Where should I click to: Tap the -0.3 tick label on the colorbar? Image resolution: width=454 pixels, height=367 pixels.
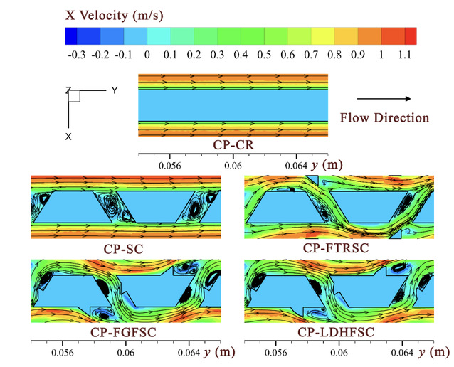(71, 55)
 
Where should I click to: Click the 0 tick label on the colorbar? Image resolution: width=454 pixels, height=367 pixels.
(146, 55)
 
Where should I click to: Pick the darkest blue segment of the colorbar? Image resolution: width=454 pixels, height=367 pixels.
(72, 36)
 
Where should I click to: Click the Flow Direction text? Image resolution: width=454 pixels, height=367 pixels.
(385, 117)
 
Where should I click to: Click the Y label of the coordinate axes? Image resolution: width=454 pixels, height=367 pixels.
(114, 91)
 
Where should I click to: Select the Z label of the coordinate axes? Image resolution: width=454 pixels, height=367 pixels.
(68, 91)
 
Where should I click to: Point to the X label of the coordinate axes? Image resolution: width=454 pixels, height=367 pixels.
(68, 136)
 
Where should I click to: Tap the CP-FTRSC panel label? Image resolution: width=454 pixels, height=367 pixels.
(337, 248)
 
